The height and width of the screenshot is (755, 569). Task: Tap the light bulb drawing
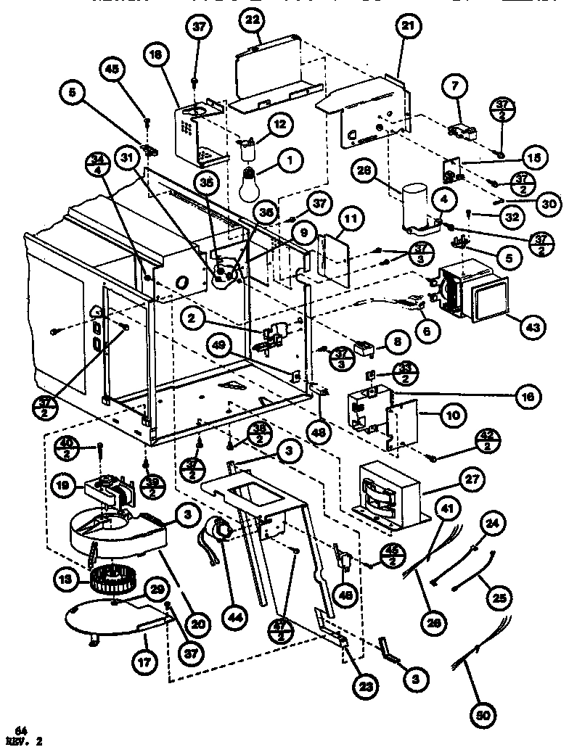tap(250, 182)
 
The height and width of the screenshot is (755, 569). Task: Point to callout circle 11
tap(351, 217)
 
